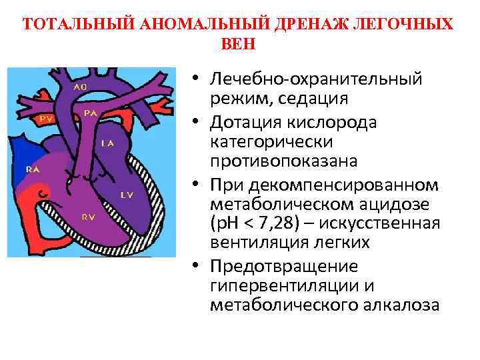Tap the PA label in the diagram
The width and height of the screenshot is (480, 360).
click(x=91, y=114)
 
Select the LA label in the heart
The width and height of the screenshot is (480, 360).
click(x=107, y=143)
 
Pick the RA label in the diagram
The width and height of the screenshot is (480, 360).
click(x=32, y=169)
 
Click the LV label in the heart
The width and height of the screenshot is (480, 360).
click(x=127, y=195)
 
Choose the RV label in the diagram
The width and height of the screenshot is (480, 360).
click(x=88, y=217)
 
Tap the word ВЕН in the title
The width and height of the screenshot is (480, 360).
click(x=237, y=44)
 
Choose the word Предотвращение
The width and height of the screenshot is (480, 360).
click(x=283, y=267)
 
